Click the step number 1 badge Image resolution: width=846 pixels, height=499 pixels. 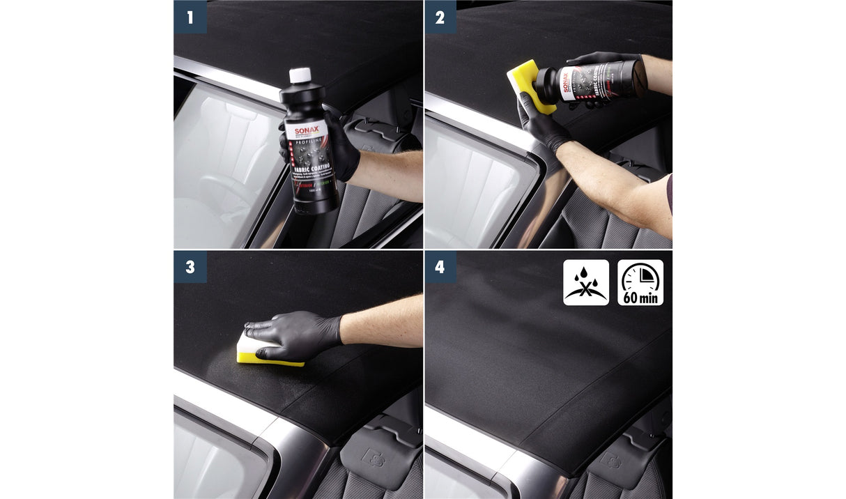[190, 17]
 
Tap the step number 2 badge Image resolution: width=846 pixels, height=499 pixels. [440, 17]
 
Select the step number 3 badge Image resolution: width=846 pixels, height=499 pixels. [190, 267]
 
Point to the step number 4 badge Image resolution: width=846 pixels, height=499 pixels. [440, 267]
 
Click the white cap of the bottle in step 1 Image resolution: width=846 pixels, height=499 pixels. [300, 76]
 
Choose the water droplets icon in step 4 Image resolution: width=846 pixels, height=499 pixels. [585, 282]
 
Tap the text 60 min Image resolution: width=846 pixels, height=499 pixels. [640, 298]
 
